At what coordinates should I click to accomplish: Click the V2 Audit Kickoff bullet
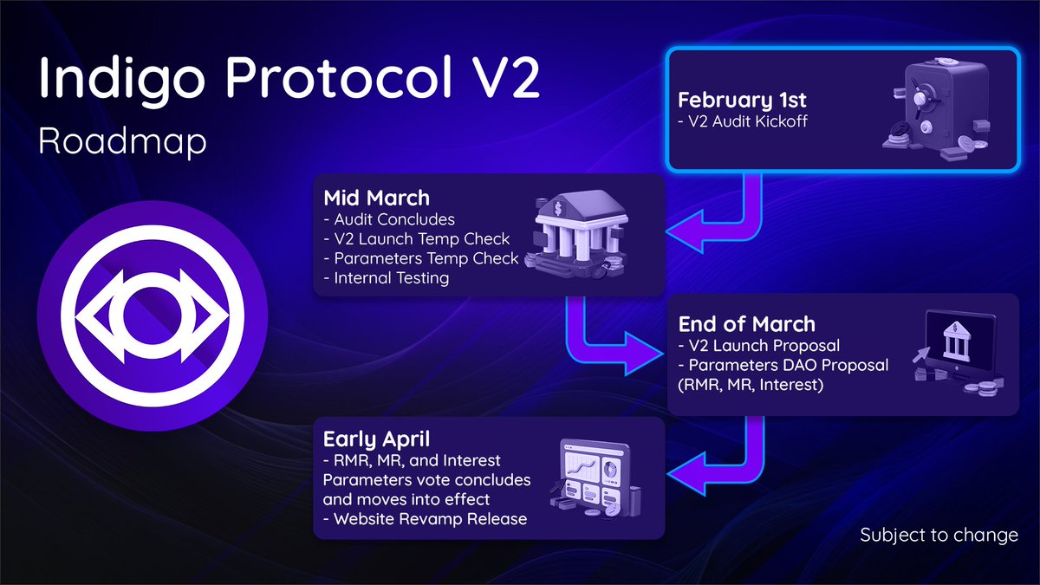[x=747, y=121]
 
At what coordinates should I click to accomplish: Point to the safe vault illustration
[x=932, y=108]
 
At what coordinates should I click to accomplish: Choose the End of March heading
[x=746, y=324]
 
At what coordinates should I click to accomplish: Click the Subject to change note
[x=939, y=536]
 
